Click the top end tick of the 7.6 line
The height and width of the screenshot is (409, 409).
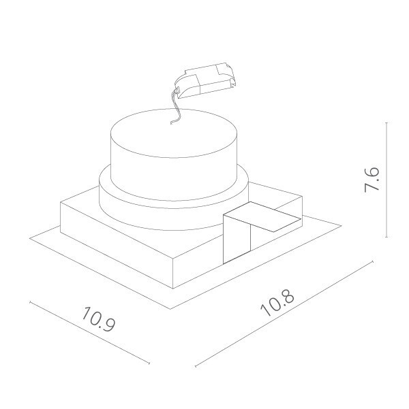pos(387,123)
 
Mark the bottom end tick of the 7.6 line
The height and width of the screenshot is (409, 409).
pos(387,238)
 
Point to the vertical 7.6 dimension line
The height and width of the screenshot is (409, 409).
pos(387,204)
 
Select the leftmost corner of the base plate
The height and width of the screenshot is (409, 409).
pos(31,237)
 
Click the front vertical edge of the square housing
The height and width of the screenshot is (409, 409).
pos(175,272)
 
